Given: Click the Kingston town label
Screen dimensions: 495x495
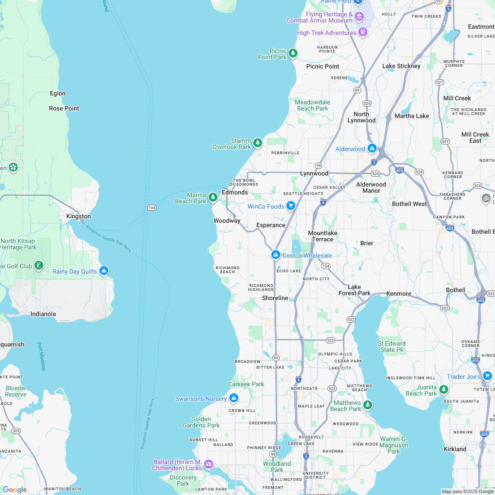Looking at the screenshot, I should pyautogui.click(x=78, y=216).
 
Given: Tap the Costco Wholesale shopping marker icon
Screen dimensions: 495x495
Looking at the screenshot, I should pyautogui.click(x=276, y=255).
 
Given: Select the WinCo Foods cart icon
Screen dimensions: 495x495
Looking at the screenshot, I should pyautogui.click(x=290, y=206).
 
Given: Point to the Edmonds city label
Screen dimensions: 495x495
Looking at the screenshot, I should pyautogui.click(x=235, y=192).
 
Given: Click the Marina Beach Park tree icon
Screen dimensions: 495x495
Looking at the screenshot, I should pyautogui.click(x=213, y=197).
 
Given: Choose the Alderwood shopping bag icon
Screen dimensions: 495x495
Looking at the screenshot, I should pyautogui.click(x=372, y=148).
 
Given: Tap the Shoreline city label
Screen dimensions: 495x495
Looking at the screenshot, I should pyautogui.click(x=275, y=298).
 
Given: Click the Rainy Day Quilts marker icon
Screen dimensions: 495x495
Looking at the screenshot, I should pyautogui.click(x=104, y=270).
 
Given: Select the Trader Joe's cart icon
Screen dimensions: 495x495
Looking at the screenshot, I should pyautogui.click(x=487, y=376).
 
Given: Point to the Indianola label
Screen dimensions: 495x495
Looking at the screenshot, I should pyautogui.click(x=43, y=314).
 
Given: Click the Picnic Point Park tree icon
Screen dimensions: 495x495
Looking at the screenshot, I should pyautogui.click(x=293, y=53).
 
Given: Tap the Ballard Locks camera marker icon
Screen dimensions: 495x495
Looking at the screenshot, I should pyautogui.click(x=208, y=464).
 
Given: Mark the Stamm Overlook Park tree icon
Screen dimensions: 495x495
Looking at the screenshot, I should pyautogui.click(x=258, y=143).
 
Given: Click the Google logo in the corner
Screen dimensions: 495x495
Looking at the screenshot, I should pyautogui.click(x=15, y=489).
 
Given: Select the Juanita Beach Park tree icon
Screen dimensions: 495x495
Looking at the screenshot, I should pyautogui.click(x=443, y=389).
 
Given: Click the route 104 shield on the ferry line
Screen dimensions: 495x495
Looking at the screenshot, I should pyautogui.click(x=152, y=207).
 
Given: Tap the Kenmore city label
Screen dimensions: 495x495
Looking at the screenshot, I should pyautogui.click(x=398, y=293).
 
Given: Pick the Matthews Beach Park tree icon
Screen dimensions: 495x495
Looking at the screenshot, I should pyautogui.click(x=368, y=404).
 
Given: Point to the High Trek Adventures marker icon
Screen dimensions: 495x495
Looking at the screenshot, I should pyautogui.click(x=363, y=32).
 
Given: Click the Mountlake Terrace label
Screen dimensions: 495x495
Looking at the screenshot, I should pyautogui.click(x=323, y=236).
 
